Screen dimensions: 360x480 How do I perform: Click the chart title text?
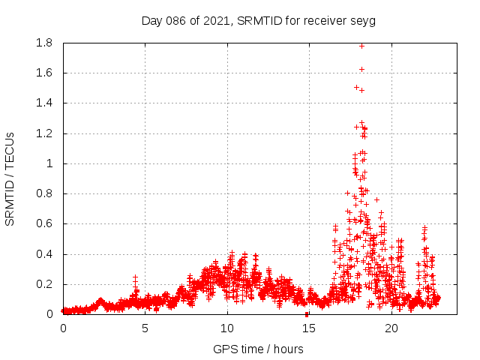258,20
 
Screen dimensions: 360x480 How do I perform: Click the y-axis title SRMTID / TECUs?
10,178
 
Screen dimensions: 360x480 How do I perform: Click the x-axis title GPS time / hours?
258,349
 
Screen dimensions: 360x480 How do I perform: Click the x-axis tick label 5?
145,328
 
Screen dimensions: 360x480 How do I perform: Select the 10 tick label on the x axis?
226,328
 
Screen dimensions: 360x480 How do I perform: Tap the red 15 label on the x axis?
308,328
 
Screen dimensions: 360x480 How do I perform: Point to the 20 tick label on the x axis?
391,328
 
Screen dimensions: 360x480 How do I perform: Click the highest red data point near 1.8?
361,46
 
